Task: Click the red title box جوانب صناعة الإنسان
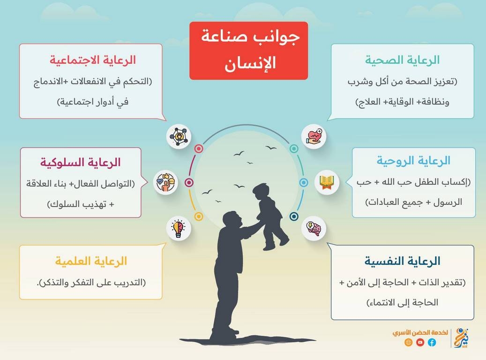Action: (248, 51)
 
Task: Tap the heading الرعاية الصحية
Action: (402, 60)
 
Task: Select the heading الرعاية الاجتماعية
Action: (93, 60)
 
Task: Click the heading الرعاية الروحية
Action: (413, 161)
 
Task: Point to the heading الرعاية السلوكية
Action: (80, 162)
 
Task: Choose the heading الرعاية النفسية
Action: (402, 261)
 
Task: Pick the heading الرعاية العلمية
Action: (91, 261)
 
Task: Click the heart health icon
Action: (314, 136)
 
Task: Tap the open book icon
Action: (327, 182)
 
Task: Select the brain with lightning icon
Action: (314, 229)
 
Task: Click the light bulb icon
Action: (179, 229)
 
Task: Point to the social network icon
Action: (179, 136)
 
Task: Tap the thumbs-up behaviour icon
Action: (165, 182)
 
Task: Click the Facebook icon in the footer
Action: (432, 342)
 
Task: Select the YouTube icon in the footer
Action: (420, 342)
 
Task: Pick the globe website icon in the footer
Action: (409, 342)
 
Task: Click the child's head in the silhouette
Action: (261, 192)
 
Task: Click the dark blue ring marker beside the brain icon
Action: (294, 217)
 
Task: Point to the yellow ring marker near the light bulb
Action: (199, 217)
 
